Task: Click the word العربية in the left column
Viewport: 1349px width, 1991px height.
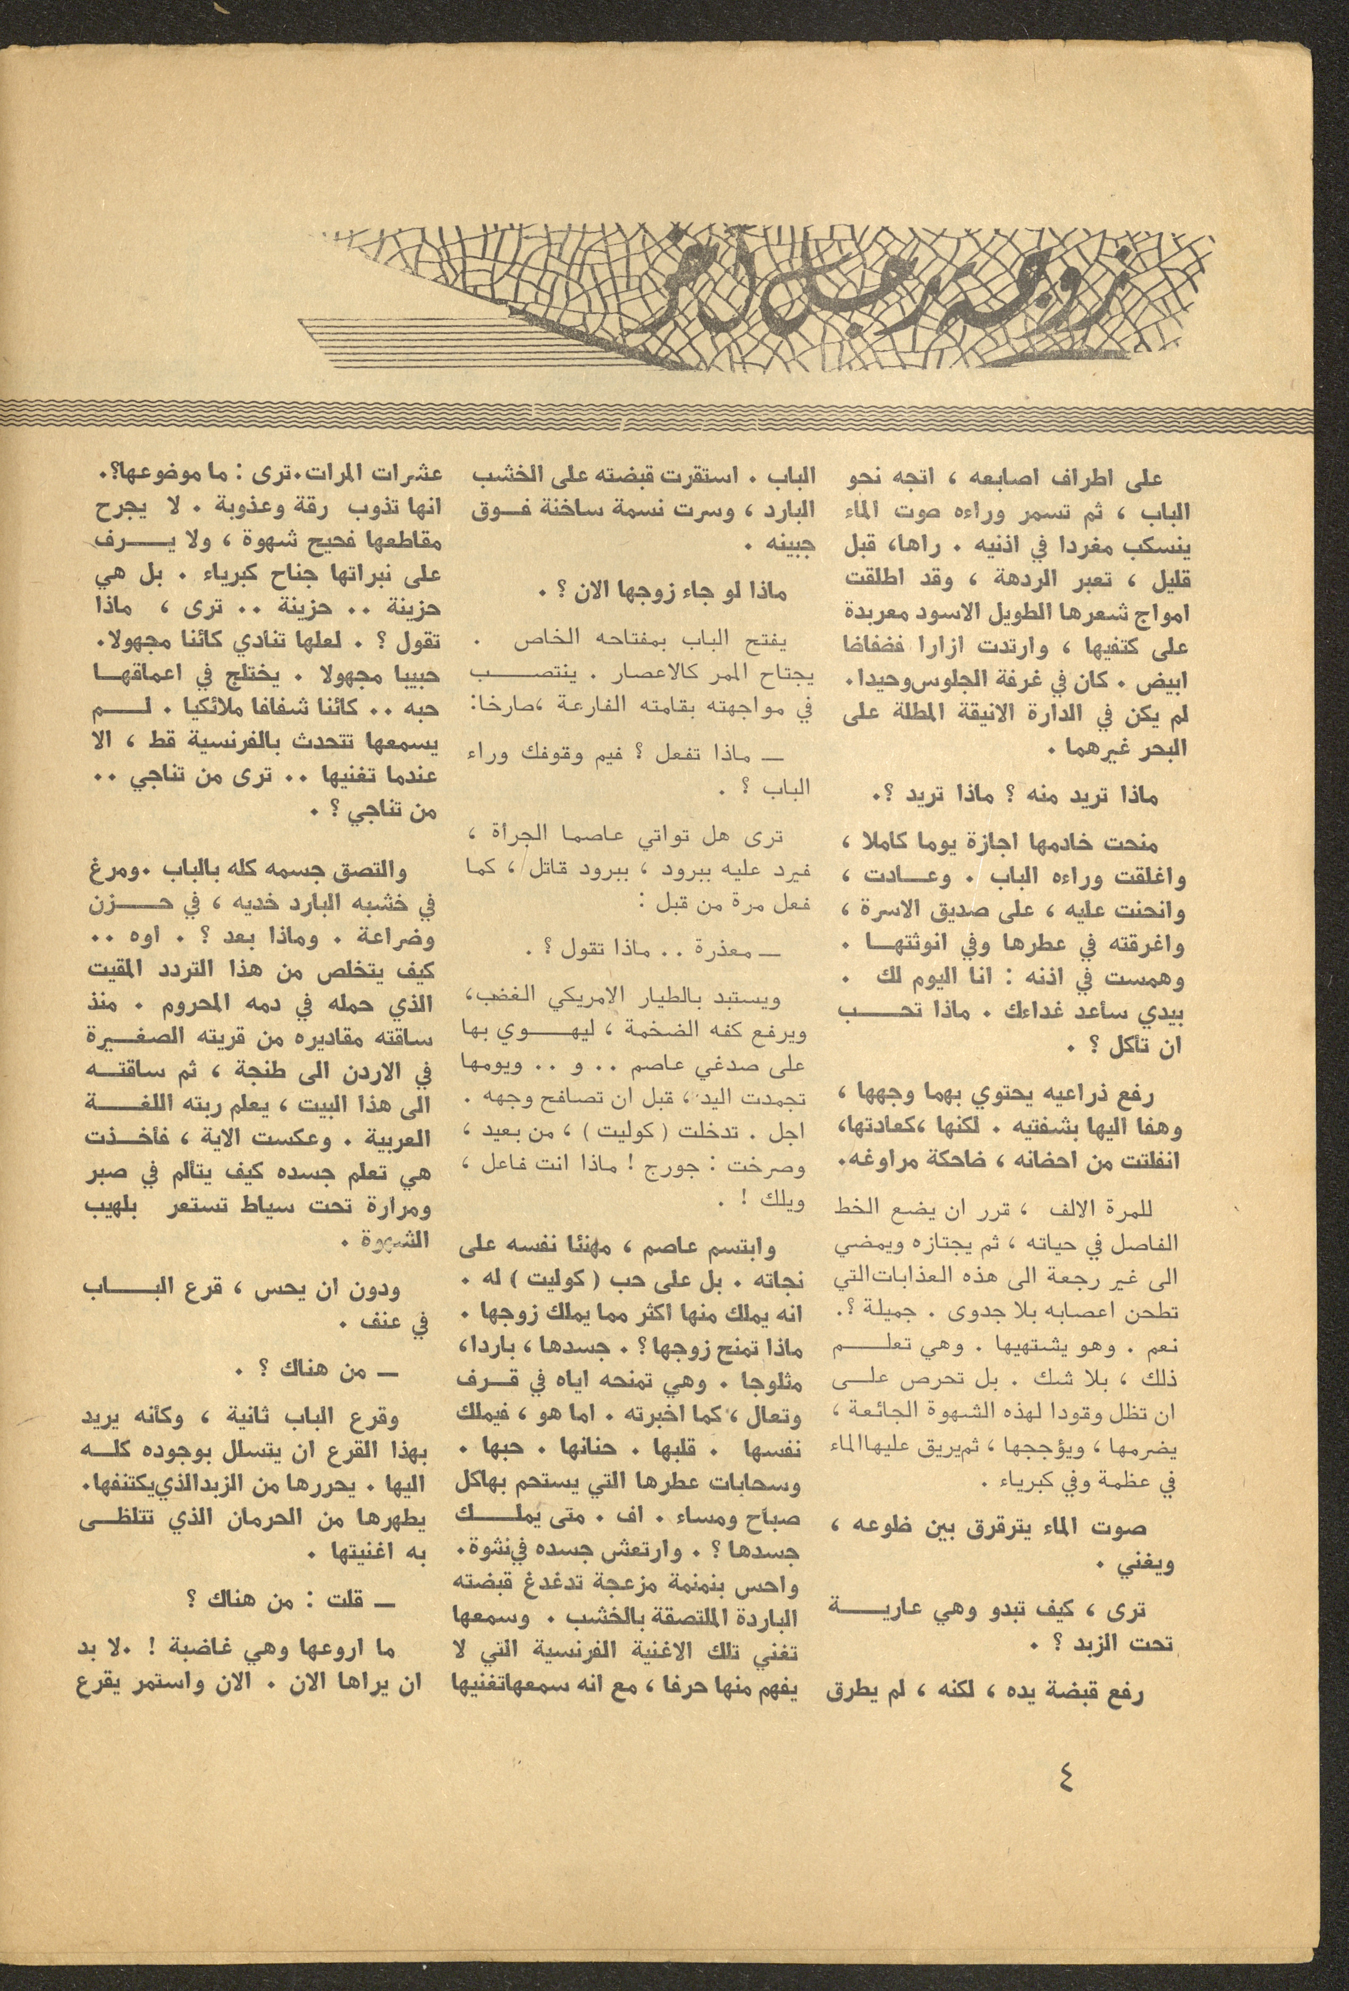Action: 406,1120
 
